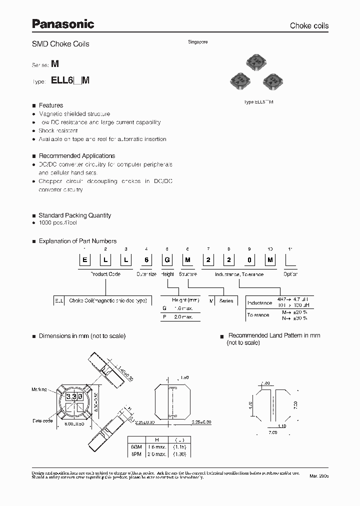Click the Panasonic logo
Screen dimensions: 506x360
(63, 23)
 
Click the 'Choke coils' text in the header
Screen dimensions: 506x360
(309, 25)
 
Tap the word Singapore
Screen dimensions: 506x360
(197, 42)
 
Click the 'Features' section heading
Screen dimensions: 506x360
(51, 105)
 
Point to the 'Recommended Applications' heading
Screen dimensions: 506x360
(77, 156)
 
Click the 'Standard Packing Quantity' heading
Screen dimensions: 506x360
(75, 215)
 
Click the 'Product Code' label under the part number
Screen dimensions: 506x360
(105, 274)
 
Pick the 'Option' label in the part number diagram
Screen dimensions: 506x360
(290, 274)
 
